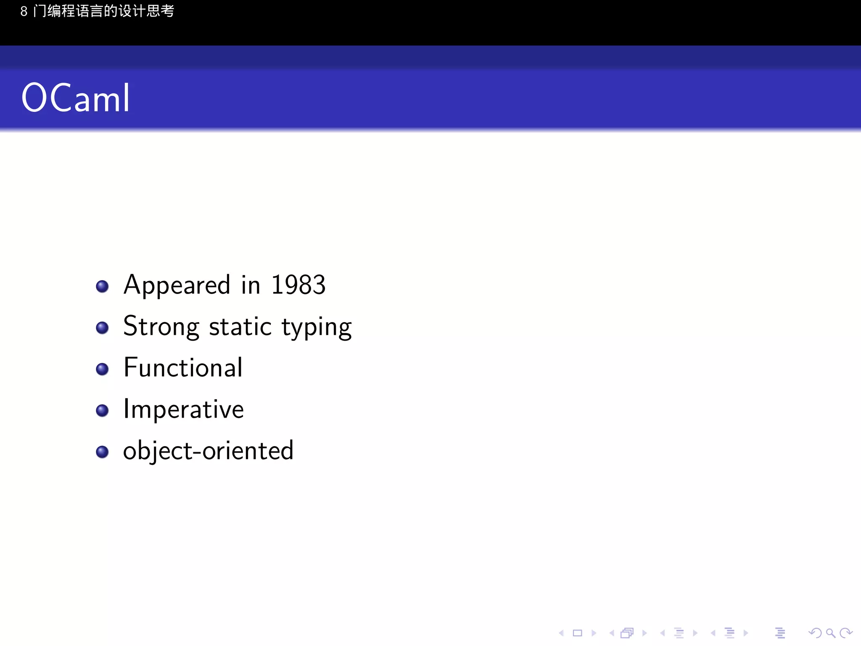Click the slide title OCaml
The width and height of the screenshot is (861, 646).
point(76,98)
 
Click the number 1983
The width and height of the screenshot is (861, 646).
point(298,285)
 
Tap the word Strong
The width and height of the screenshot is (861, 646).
point(161,326)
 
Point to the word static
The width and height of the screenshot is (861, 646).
point(240,326)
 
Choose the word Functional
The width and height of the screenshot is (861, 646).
point(183,368)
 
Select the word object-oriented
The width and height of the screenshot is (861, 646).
point(208,451)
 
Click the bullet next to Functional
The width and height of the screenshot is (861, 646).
point(102,369)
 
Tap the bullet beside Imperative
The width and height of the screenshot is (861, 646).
point(102,410)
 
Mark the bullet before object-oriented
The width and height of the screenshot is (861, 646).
point(102,452)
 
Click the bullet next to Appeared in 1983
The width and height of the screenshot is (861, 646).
point(102,286)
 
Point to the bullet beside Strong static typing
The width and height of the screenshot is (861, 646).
point(102,328)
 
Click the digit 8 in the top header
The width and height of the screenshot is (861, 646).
point(24,11)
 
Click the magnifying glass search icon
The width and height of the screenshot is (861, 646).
point(830,633)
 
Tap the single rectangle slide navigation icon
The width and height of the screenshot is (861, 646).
point(578,633)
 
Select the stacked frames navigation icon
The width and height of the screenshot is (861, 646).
point(627,633)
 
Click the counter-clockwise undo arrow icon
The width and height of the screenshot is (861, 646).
point(815,633)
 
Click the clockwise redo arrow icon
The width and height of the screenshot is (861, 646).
point(845,633)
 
